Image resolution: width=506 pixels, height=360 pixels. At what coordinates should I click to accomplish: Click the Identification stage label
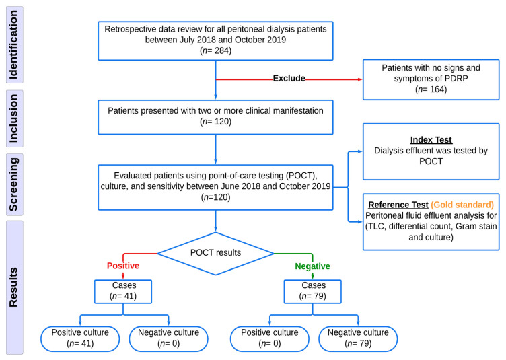(x=13, y=45)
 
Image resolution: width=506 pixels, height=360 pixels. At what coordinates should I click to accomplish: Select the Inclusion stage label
(x=13, y=118)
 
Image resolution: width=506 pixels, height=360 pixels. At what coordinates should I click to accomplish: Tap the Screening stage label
(x=13, y=184)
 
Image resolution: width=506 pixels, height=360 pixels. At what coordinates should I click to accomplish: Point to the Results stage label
(x=13, y=287)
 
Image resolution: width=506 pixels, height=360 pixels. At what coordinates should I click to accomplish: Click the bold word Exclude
(x=289, y=78)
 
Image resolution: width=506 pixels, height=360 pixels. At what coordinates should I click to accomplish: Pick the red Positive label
(x=123, y=266)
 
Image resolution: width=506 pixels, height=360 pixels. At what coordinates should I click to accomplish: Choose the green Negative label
(x=312, y=266)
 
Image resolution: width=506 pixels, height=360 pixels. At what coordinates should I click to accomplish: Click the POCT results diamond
(x=215, y=254)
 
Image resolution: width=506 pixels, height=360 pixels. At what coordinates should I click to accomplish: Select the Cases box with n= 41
(x=123, y=291)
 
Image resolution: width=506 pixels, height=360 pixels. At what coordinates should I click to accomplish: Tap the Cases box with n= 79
(x=312, y=291)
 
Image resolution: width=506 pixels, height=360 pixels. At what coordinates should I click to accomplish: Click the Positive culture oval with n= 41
(x=80, y=338)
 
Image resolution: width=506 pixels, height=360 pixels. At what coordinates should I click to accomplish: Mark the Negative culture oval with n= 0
(x=168, y=338)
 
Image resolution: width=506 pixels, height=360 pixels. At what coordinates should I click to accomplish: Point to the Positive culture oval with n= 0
(x=269, y=338)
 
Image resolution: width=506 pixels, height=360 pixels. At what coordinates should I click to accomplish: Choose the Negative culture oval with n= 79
(x=358, y=338)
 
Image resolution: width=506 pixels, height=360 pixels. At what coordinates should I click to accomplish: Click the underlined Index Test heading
(x=431, y=140)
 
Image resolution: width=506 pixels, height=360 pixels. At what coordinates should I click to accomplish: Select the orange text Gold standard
(x=462, y=205)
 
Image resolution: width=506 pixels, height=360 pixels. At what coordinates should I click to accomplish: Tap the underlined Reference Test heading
(x=398, y=205)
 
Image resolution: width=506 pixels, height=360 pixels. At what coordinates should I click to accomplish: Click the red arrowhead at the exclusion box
(x=360, y=79)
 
